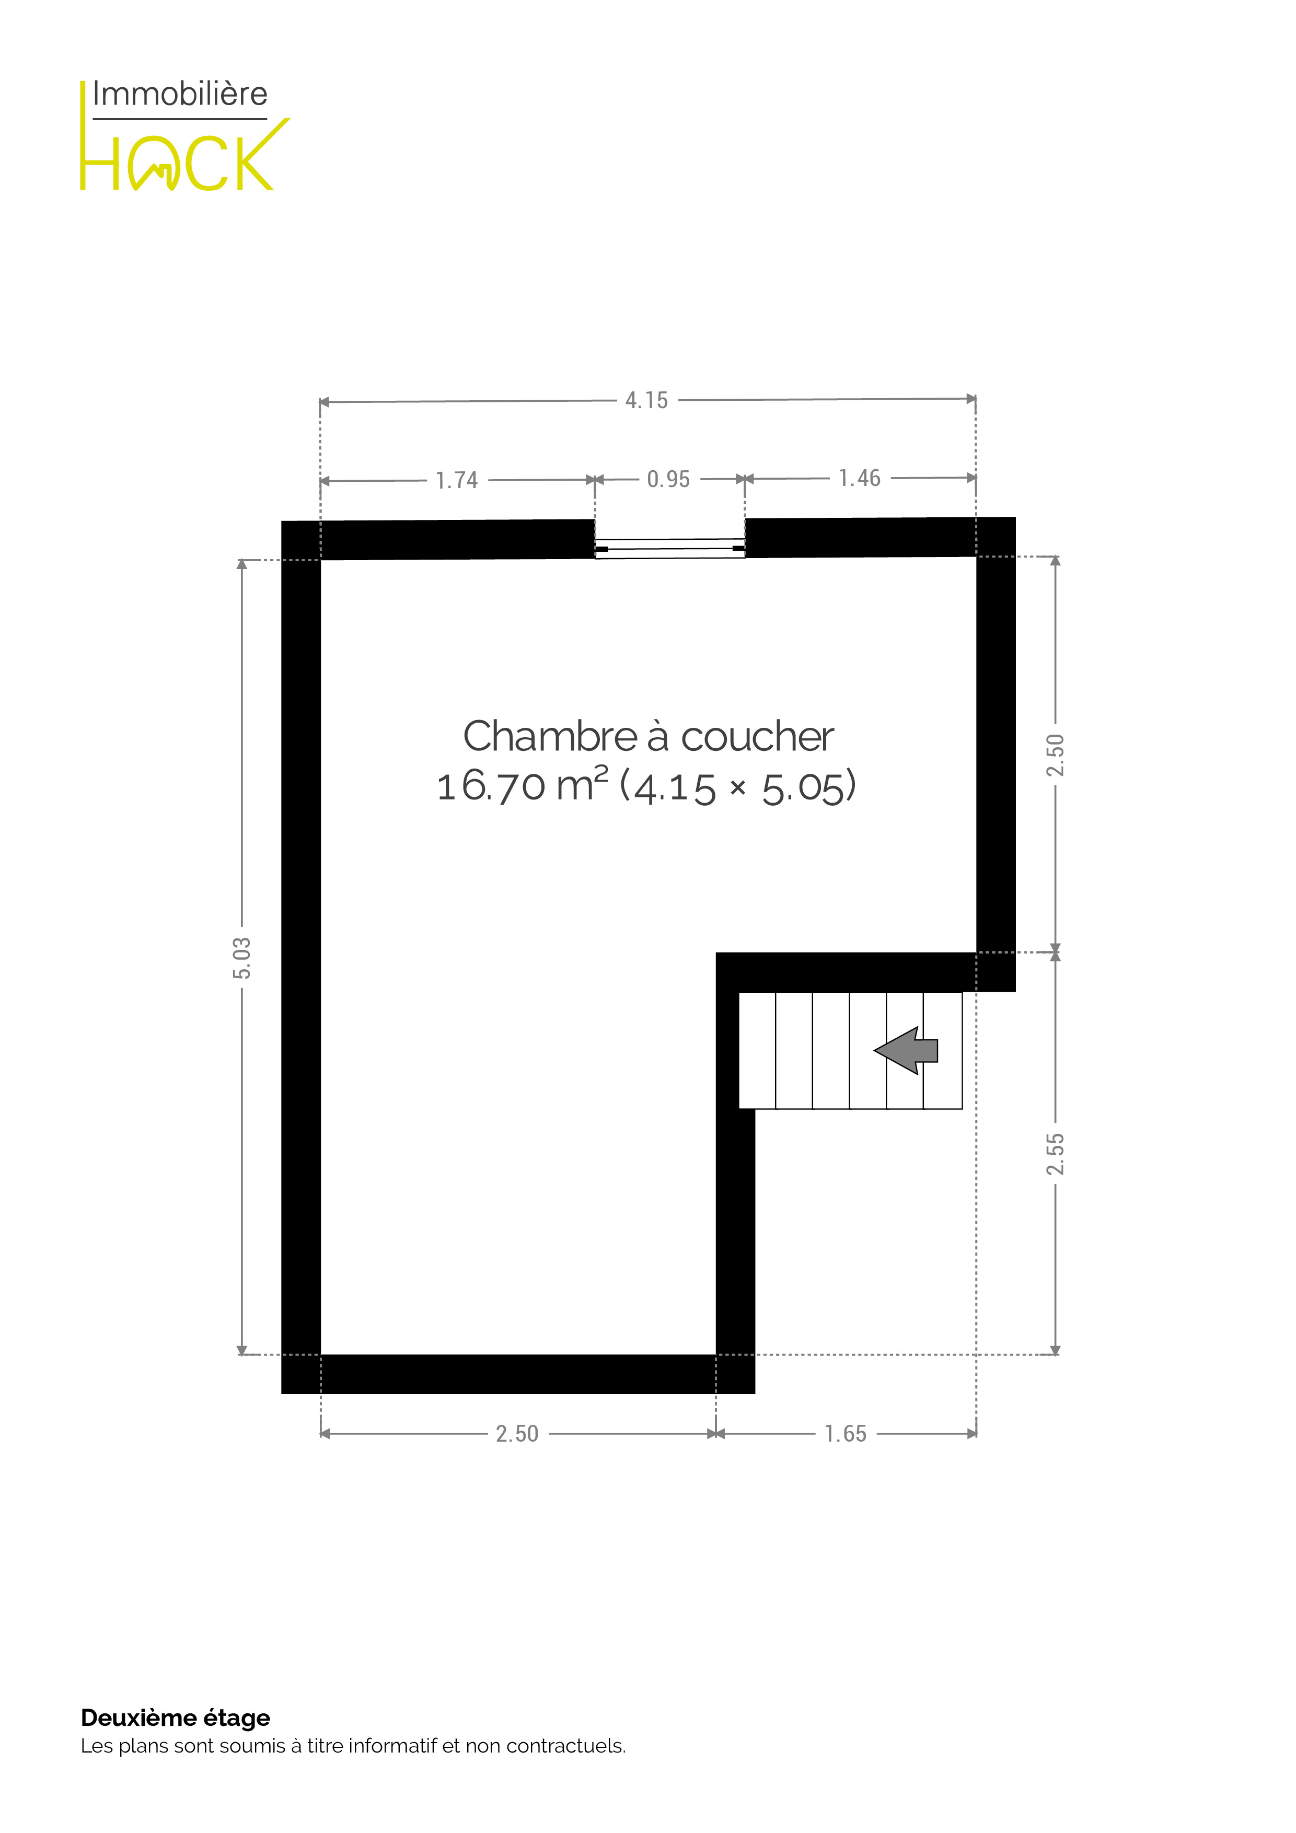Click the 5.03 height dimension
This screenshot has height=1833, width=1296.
pyautogui.click(x=241, y=958)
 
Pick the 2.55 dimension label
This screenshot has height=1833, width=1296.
pyautogui.click(x=1055, y=1154)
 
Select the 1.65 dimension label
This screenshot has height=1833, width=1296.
pyautogui.click(x=845, y=1434)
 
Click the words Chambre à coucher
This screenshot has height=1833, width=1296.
pyautogui.click(x=649, y=736)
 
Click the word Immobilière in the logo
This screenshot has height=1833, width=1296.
pyautogui.click(x=180, y=94)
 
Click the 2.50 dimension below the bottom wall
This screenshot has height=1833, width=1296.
pyautogui.click(x=517, y=1434)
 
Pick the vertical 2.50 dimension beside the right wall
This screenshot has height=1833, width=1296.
pyautogui.click(x=1055, y=755)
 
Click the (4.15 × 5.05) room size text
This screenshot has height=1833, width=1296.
pyautogui.click(x=738, y=786)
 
